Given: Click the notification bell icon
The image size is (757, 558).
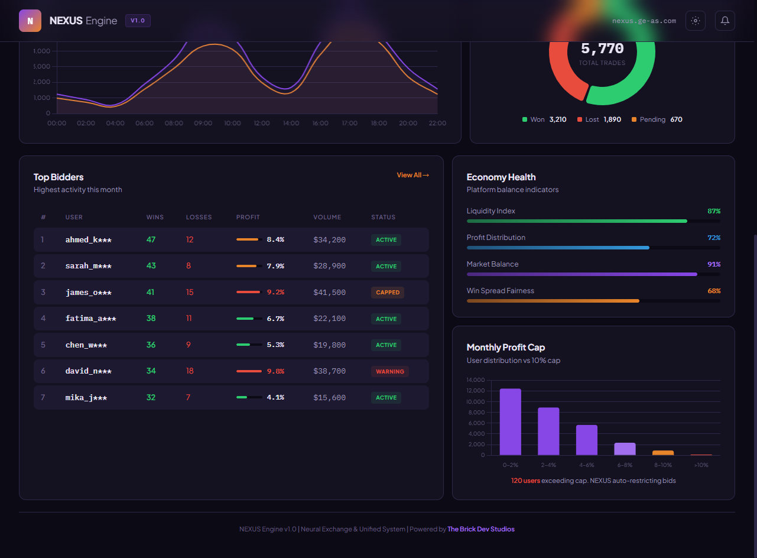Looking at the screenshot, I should click(x=724, y=21).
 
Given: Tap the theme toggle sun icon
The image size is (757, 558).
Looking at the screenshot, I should click(x=696, y=21).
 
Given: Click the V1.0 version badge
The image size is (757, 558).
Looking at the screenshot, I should click(x=138, y=21).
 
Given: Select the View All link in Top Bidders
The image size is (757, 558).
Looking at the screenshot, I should click(x=412, y=175).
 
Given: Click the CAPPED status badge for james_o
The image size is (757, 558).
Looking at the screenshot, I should click(x=388, y=293).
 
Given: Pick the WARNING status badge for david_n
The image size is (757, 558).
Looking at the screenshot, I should click(x=390, y=372).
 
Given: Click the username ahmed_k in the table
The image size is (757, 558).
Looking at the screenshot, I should click(x=88, y=240).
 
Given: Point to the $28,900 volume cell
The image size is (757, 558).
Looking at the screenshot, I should click(x=329, y=266).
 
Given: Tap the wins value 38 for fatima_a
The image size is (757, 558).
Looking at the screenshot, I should click(x=151, y=319).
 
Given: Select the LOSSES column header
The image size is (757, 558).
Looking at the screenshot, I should click(x=199, y=218).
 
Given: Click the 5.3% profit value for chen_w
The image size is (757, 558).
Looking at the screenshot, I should click(x=275, y=345).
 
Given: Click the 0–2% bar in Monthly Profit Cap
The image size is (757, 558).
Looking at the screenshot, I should click(x=511, y=421).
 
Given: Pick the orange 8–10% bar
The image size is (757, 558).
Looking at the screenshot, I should click(x=663, y=453).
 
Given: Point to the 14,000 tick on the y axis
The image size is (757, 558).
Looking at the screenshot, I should click(x=475, y=380).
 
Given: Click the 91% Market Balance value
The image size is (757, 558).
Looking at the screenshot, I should click(x=714, y=264).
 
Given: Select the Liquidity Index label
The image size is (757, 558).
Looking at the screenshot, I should click(x=490, y=211).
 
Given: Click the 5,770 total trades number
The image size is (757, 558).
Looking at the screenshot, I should click(x=602, y=48).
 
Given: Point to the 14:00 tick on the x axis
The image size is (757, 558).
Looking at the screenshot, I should click(x=291, y=124).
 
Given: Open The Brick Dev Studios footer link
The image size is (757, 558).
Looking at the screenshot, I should click(x=480, y=529).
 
